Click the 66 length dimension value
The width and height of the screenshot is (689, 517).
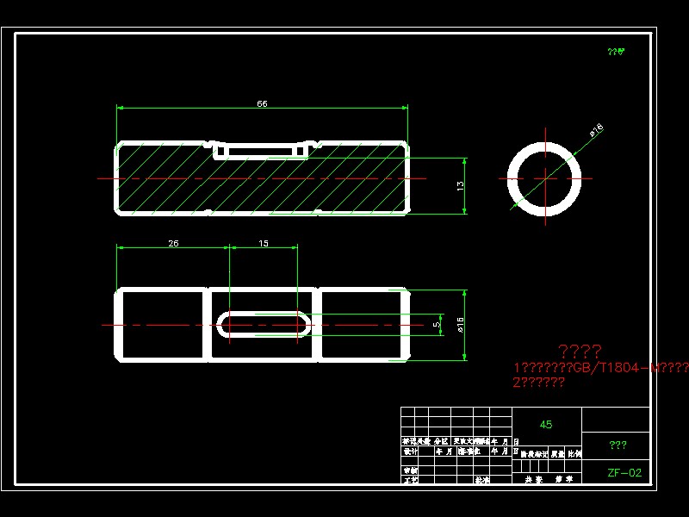[262, 103]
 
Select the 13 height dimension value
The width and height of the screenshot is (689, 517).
[461, 185]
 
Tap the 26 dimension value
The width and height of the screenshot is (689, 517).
[173, 243]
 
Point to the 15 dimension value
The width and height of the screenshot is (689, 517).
[264, 243]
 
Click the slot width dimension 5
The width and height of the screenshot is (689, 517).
[437, 325]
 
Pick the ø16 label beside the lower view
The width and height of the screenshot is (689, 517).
[460, 325]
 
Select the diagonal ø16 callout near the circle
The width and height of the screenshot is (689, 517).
[595, 130]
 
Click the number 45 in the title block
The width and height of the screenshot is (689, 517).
[546, 425]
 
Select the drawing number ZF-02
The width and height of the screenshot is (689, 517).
[624, 472]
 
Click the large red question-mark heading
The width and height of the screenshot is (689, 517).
[580, 352]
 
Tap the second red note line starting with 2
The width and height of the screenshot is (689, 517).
[539, 382]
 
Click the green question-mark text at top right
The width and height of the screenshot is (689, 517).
[616, 52]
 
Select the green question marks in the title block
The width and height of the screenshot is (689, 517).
[618, 445]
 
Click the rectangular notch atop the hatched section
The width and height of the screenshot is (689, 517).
[263, 151]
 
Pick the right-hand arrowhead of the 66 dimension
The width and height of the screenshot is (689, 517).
[404, 109]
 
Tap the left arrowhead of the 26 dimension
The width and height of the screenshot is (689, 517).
[121, 248]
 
